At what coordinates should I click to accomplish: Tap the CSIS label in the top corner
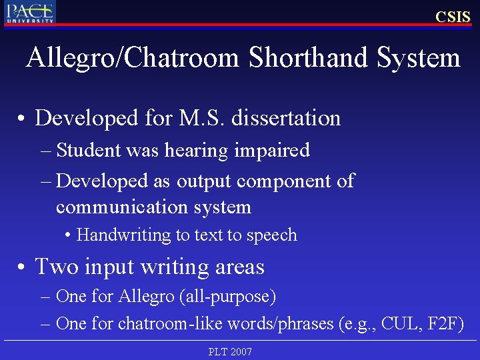click(453, 17)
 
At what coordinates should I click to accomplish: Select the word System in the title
click(418, 58)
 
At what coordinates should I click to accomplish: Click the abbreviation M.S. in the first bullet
click(204, 118)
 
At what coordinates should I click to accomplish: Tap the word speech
click(271, 235)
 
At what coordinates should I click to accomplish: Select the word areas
click(240, 267)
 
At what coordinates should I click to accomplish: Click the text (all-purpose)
click(227, 295)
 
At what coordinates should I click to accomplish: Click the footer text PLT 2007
click(230, 351)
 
